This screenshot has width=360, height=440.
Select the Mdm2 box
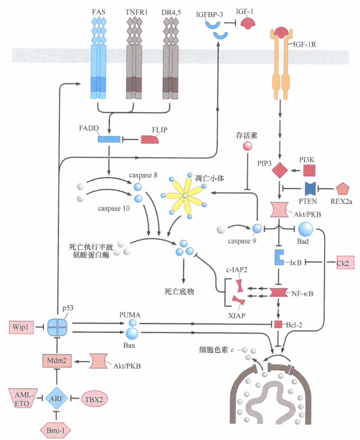tap(56, 358)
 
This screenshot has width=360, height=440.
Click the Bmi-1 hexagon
tap(56, 430)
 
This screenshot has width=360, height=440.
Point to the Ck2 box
tap(343, 261)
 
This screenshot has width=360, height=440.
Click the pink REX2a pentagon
tap(343, 190)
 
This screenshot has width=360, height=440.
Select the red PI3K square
tap(309, 171)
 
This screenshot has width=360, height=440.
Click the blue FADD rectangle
tap(109, 139)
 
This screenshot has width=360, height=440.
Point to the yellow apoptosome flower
tap(185, 195)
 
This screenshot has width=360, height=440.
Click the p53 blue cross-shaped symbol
tap(56, 326)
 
